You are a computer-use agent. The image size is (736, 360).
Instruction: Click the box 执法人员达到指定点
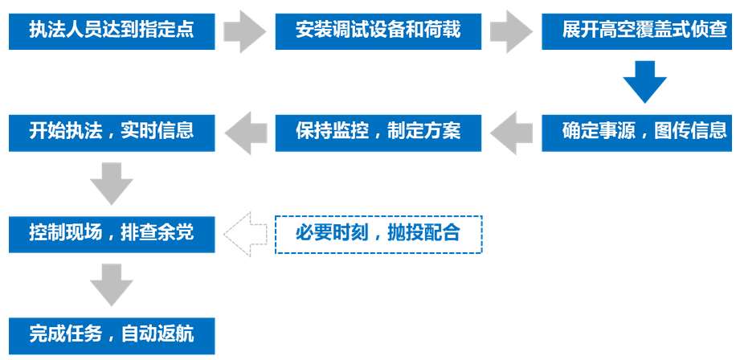click(x=112, y=31)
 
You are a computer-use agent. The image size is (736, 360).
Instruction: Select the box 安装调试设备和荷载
click(x=378, y=31)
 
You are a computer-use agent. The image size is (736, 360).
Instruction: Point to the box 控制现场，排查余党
click(x=112, y=234)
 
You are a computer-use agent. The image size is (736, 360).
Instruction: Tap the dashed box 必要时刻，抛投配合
click(x=378, y=234)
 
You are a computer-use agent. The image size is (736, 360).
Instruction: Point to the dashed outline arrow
click(x=246, y=234)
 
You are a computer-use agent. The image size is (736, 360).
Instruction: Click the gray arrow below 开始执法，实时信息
click(x=111, y=183)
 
